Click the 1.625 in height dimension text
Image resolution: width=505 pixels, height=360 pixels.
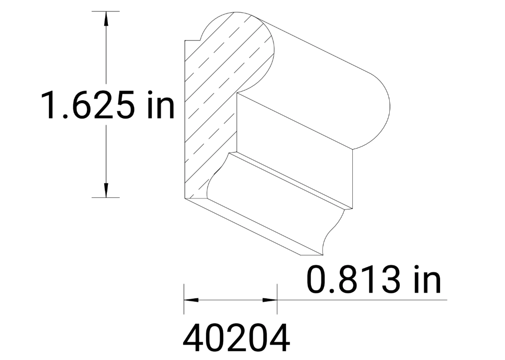(108, 105)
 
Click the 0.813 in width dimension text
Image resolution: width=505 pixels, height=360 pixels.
(373, 280)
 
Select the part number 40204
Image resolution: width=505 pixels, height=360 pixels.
(236, 339)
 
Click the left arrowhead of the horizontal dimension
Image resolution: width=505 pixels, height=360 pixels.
(190, 300)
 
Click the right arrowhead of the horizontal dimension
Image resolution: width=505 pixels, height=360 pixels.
(270, 300)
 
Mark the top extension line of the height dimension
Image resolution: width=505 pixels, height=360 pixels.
(106, 11)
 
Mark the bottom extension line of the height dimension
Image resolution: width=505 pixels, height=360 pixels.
(106, 197)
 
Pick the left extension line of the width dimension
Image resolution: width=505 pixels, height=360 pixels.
(184, 299)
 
